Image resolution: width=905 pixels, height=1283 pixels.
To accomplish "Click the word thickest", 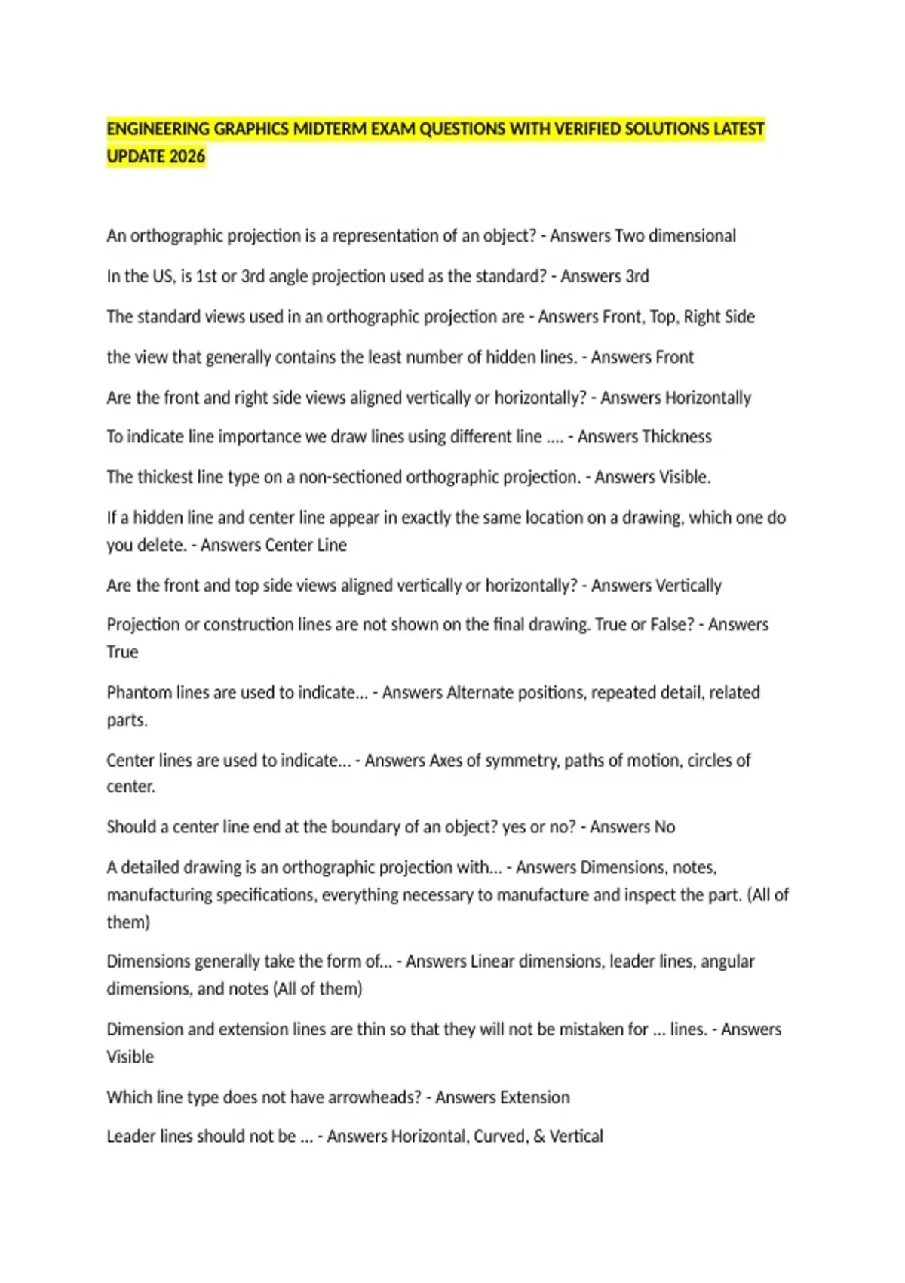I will tap(164, 477).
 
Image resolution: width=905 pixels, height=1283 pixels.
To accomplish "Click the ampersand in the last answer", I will tap(539, 1136).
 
